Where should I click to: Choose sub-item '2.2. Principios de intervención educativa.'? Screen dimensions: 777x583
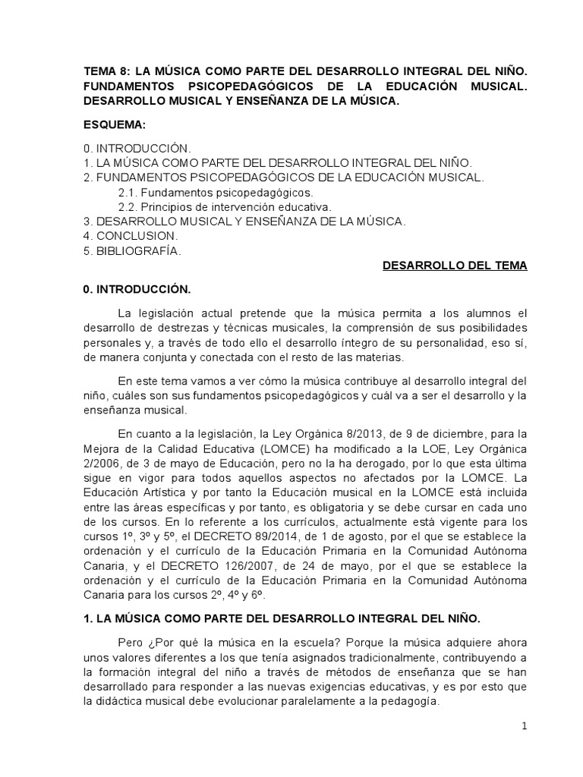pyautogui.click(x=225, y=206)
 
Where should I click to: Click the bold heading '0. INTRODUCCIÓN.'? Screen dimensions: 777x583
pyautogui.click(x=137, y=289)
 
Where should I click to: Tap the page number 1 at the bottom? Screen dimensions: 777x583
pyautogui.click(x=524, y=726)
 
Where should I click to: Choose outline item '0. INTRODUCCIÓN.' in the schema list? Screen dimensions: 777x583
pyautogui.click(x=137, y=148)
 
